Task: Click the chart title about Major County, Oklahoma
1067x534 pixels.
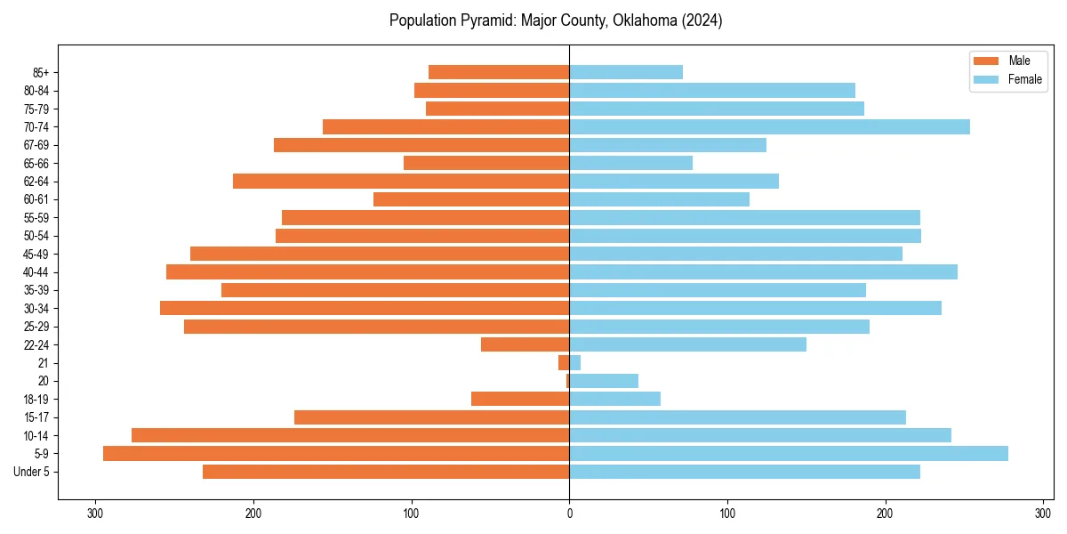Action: click(x=556, y=20)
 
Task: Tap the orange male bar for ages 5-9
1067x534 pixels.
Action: click(x=336, y=453)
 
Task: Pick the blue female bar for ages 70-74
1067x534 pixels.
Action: click(x=769, y=126)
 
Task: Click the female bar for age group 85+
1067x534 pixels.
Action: click(x=626, y=72)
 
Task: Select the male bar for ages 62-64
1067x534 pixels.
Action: click(x=401, y=181)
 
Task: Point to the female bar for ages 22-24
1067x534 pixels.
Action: click(x=687, y=344)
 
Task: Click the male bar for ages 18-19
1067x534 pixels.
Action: click(x=520, y=399)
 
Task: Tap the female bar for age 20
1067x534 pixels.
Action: click(x=604, y=381)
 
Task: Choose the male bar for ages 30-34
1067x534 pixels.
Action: click(x=365, y=308)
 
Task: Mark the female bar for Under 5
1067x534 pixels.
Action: click(x=744, y=472)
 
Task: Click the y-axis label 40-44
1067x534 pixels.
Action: click(x=36, y=272)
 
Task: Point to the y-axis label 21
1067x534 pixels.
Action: click(x=44, y=363)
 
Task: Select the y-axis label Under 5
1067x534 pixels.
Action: click(x=32, y=472)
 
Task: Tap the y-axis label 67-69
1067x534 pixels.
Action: click(x=36, y=145)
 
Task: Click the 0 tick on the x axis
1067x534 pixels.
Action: click(x=569, y=514)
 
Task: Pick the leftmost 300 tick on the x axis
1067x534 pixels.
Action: click(x=95, y=514)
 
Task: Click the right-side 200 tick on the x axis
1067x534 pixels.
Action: click(x=885, y=514)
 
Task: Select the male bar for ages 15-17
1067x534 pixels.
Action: click(x=431, y=417)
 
